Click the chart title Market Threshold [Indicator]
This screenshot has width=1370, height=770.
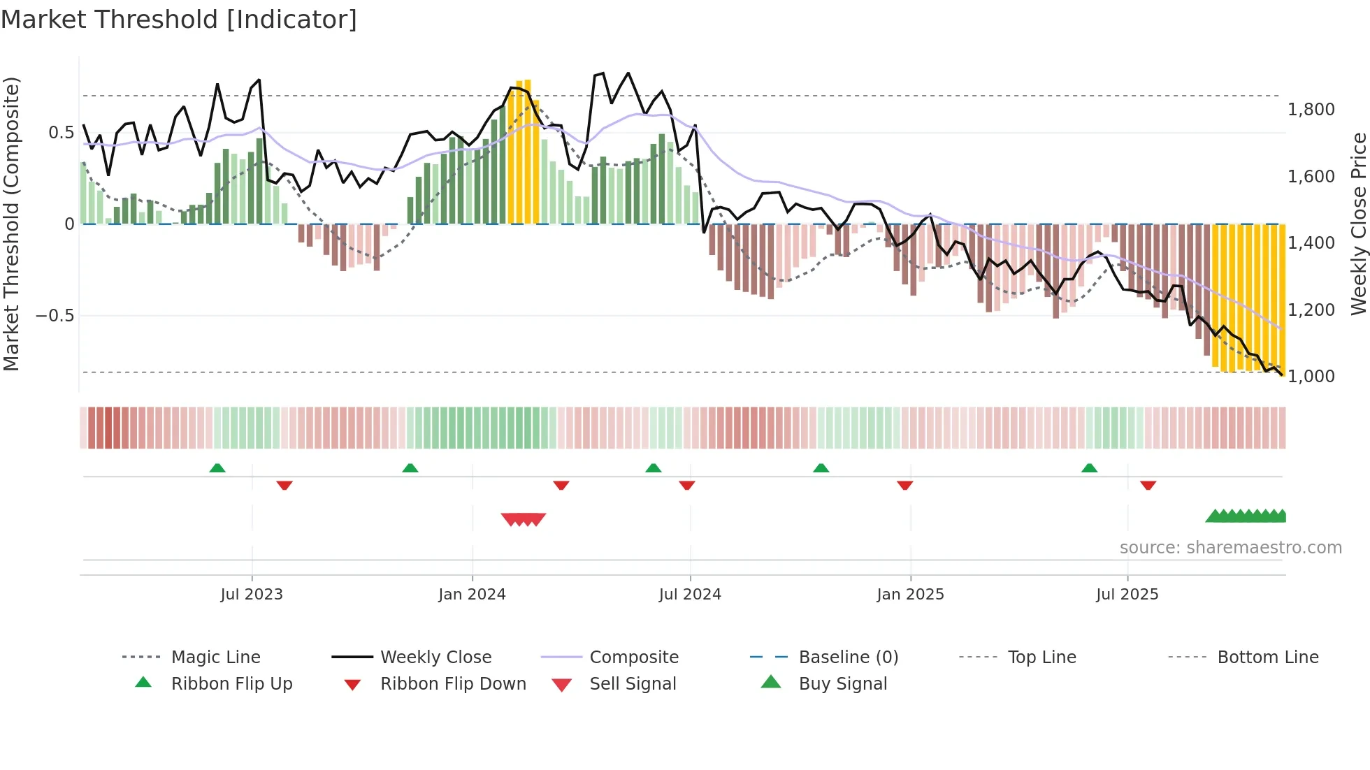click(x=179, y=20)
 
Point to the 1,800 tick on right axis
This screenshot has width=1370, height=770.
click(x=1311, y=110)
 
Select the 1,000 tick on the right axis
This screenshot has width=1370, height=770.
click(x=1311, y=377)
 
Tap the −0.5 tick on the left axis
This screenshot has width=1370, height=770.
click(x=55, y=316)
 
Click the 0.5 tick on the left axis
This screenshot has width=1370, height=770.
click(x=61, y=133)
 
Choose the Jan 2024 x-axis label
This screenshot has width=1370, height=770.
click(x=472, y=595)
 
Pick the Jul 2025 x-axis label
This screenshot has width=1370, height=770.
click(x=1127, y=595)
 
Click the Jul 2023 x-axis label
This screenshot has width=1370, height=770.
click(x=252, y=595)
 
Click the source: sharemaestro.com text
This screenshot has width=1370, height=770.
click(x=1230, y=548)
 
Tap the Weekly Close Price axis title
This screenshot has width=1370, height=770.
click(x=1358, y=224)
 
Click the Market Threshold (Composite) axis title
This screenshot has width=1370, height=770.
click(x=11, y=224)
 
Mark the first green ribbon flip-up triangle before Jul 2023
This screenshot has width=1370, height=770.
click(x=217, y=468)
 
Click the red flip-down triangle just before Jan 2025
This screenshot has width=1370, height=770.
click(x=904, y=485)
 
